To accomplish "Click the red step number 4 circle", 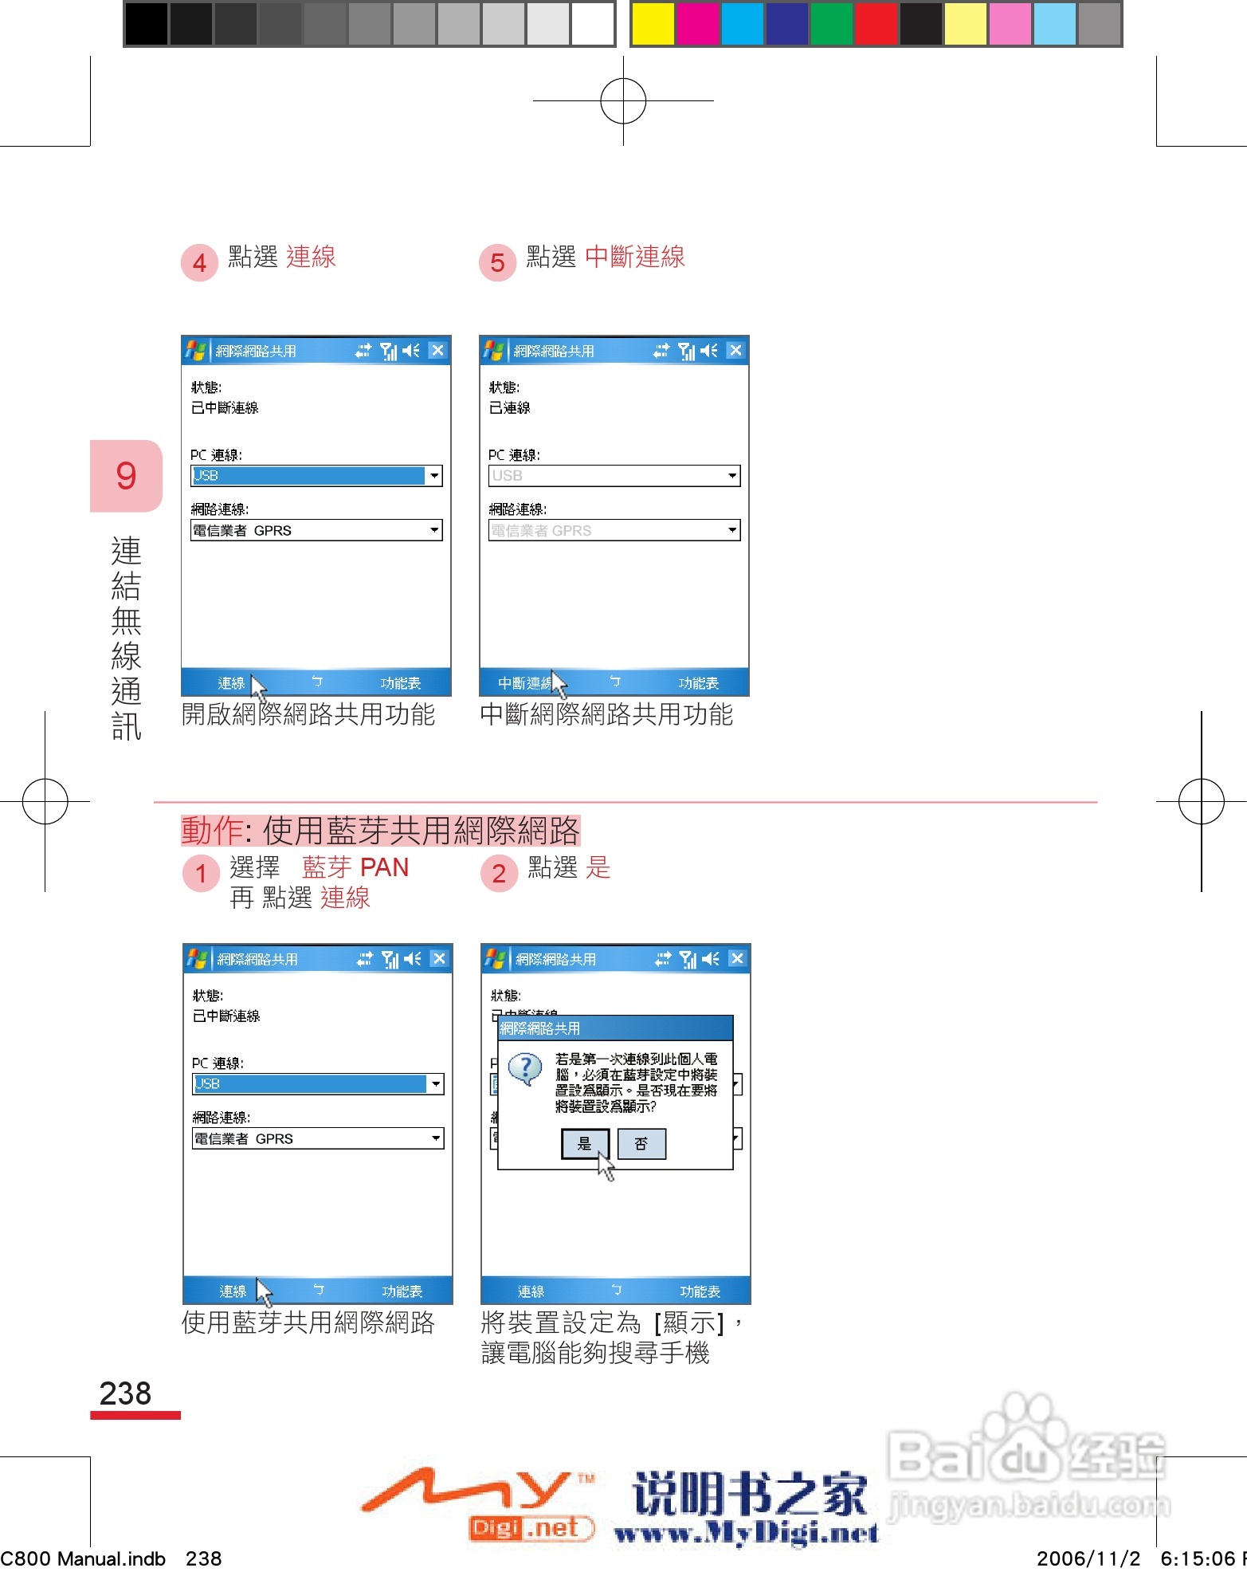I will click(x=199, y=262).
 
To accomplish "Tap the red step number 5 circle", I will click(x=497, y=262).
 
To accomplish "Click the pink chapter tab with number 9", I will click(x=126, y=476).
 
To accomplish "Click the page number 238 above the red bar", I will click(x=125, y=1393).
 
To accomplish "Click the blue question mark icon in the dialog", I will click(x=525, y=1068).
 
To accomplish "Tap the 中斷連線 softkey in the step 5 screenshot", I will click(x=524, y=683).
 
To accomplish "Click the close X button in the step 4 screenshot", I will click(x=437, y=351).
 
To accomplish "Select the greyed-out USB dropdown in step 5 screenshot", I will click(x=614, y=476).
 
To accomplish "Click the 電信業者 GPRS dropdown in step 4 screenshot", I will click(x=316, y=531).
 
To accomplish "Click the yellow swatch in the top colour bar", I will click(x=652, y=24).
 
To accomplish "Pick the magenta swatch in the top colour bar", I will click(x=696, y=24).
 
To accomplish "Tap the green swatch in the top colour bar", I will click(x=831, y=24).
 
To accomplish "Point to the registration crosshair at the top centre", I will click(x=623, y=101).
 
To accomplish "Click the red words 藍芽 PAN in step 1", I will click(x=355, y=867).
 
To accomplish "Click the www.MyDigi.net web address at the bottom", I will click(x=747, y=1533).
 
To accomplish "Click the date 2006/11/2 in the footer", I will click(x=1088, y=1558).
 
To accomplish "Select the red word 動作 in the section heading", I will click(x=211, y=831).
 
